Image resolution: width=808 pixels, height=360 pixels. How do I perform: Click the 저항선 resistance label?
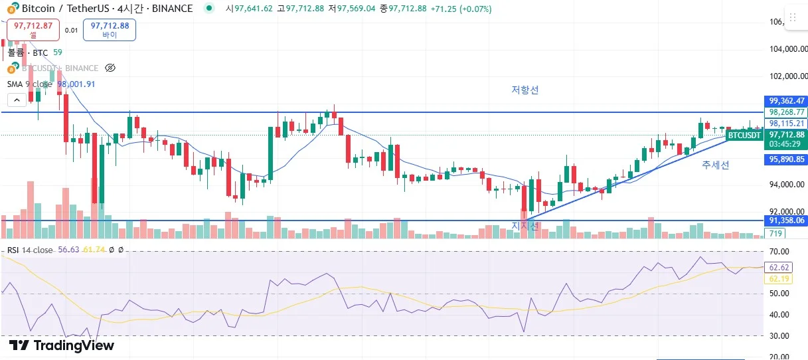525,90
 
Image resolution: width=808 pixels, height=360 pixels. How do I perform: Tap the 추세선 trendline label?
715,165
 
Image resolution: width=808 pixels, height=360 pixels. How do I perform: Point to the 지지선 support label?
525,226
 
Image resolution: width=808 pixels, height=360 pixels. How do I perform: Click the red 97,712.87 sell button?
33,29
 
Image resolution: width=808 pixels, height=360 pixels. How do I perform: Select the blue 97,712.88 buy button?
110,29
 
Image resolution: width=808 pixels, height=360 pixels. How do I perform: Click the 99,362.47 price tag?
787,101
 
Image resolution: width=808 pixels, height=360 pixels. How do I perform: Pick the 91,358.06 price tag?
787,221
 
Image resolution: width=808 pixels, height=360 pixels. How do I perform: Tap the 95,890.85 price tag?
787,159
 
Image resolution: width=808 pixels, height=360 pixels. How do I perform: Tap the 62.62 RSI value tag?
777,268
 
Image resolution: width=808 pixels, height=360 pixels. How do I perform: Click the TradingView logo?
61,345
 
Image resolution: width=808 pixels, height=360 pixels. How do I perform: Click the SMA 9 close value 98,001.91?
76,84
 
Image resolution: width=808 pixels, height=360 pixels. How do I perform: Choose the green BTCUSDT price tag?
744,135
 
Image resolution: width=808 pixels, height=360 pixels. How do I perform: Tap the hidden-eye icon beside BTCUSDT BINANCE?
111,68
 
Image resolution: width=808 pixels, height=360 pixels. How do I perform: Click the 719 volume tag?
775,233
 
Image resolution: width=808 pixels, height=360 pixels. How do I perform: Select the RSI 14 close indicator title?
30,250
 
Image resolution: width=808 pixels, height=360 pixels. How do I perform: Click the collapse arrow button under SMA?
17,100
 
